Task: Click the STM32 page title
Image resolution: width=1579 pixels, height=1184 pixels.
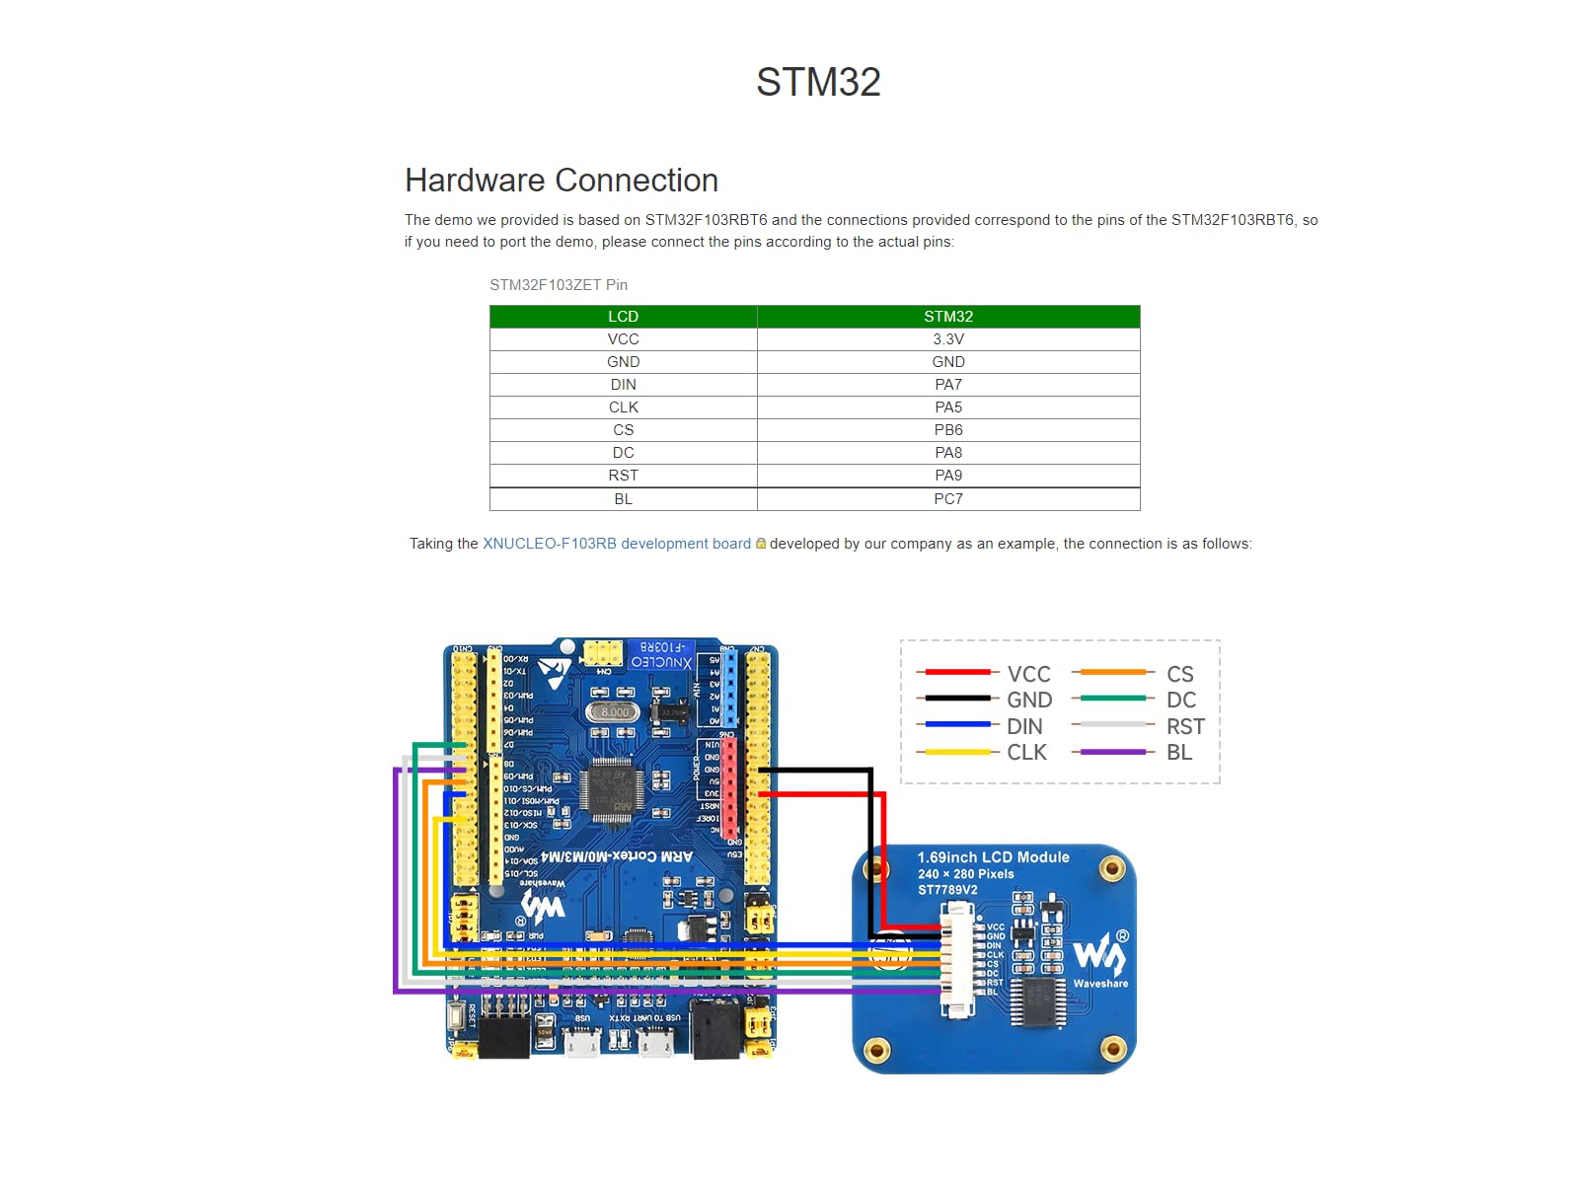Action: (818, 82)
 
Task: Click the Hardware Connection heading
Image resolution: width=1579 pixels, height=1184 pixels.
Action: (561, 181)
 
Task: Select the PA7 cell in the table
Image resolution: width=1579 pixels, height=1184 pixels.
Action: (947, 385)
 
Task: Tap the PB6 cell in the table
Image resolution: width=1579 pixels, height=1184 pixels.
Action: (947, 430)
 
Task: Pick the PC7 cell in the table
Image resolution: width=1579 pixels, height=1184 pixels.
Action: (947, 499)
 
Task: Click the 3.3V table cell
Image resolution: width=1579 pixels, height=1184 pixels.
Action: (947, 339)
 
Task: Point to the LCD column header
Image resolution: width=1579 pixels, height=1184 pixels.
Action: (623, 317)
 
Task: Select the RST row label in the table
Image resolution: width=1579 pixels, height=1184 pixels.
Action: (623, 476)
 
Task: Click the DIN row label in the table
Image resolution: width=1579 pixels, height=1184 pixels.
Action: (623, 385)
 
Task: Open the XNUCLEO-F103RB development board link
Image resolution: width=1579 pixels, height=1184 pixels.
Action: (616, 544)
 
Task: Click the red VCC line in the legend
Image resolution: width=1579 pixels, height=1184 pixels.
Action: (953, 672)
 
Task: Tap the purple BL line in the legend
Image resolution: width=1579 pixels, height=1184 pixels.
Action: (1113, 752)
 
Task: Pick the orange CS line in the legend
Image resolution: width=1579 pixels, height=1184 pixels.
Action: (1113, 672)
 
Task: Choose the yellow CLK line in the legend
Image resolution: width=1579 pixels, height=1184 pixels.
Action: (953, 752)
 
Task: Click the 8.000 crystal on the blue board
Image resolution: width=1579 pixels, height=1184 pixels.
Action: (614, 711)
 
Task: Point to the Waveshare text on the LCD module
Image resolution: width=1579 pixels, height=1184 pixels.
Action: (1100, 984)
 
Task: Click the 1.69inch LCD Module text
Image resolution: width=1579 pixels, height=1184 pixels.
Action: (993, 857)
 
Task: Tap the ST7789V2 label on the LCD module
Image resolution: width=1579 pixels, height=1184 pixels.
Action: (947, 890)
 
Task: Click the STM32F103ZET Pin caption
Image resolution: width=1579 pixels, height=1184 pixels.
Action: (559, 285)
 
